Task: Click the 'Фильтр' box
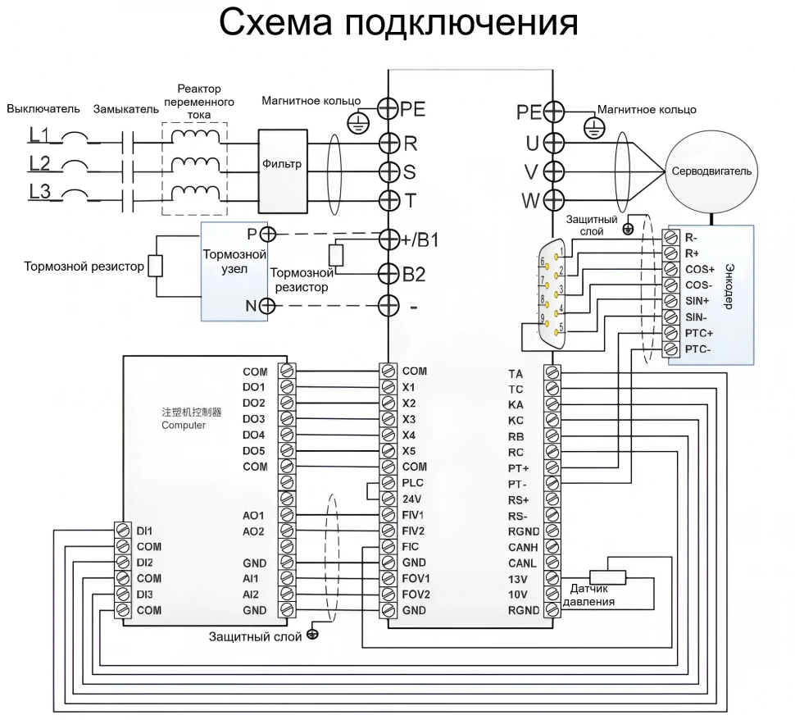coord(282,164)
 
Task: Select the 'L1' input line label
coord(39,133)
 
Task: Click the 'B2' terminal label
coord(415,273)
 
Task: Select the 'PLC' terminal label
coord(413,482)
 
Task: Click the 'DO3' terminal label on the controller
coord(255,419)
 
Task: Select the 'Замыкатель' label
coord(120,109)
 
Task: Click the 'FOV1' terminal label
coord(416,579)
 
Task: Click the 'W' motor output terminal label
coord(530,201)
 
